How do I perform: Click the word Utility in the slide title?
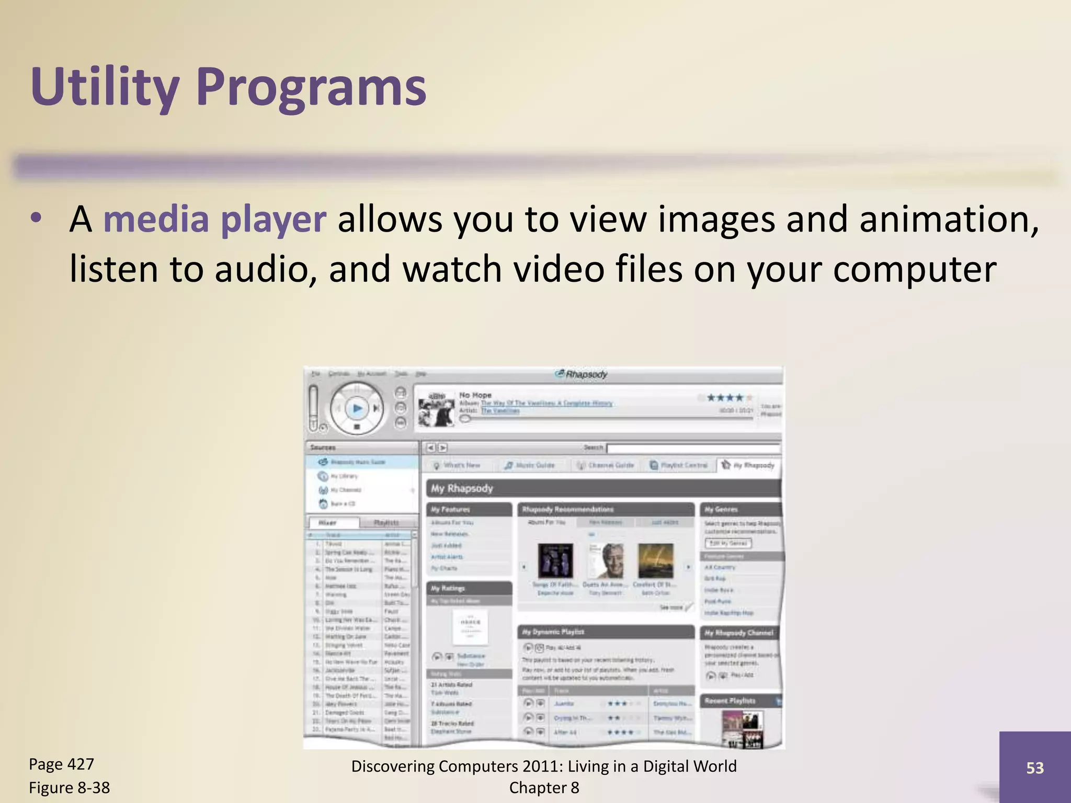point(105,87)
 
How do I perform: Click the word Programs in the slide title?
point(312,87)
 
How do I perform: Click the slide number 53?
point(1035,767)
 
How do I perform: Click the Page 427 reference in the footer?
point(61,764)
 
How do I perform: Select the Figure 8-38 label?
point(69,787)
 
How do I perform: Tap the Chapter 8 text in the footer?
point(544,787)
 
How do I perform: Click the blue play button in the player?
point(357,408)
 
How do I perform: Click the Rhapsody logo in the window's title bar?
point(581,374)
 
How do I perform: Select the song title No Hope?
point(475,395)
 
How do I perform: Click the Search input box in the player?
point(693,448)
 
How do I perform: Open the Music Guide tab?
point(529,465)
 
